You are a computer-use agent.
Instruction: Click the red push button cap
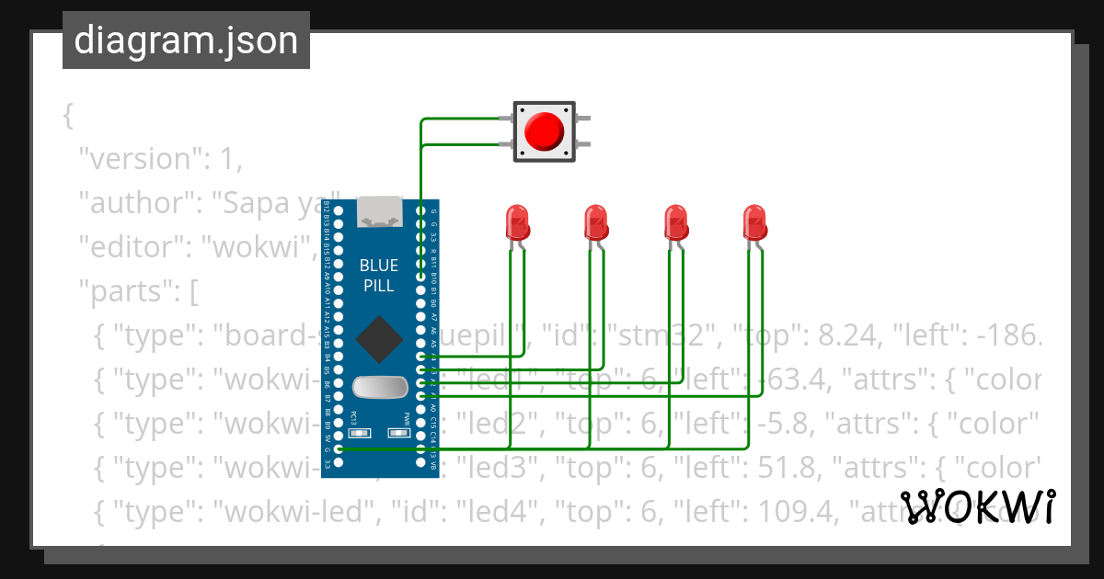point(544,131)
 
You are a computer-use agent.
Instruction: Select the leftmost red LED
point(517,223)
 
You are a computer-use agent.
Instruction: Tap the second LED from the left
point(596,223)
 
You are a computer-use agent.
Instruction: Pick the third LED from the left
point(676,223)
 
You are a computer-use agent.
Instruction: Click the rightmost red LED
point(755,223)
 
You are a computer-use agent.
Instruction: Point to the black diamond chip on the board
point(378,339)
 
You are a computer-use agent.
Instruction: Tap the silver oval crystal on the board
point(379,388)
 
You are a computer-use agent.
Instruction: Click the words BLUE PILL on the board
point(378,276)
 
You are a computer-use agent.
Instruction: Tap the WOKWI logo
point(978,506)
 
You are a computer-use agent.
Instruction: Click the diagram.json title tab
point(186,40)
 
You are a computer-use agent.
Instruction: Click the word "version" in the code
point(138,159)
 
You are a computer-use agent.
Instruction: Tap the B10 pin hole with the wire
point(421,277)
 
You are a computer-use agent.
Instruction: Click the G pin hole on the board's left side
point(339,449)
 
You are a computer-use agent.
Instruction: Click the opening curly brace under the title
point(67,117)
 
